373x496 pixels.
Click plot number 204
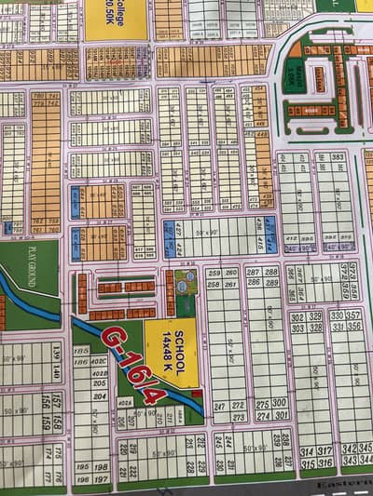(98, 395)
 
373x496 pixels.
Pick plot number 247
(220, 406)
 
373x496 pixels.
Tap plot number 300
(278, 403)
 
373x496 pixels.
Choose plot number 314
(304, 449)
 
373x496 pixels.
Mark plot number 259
(214, 273)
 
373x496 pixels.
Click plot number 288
(271, 271)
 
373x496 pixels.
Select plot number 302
(297, 316)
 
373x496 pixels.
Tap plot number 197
(99, 479)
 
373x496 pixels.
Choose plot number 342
(349, 448)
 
